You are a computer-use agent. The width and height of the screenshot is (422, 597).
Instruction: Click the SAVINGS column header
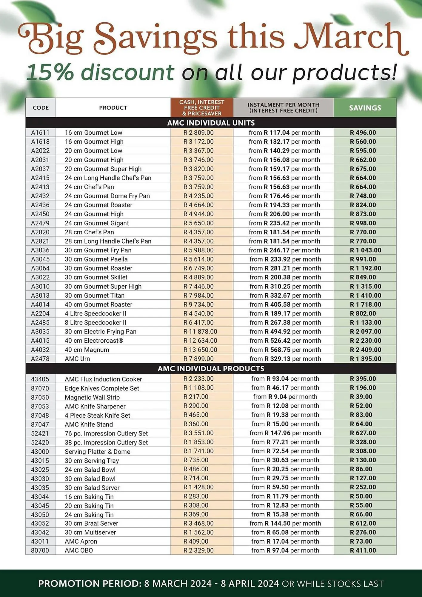click(x=365, y=108)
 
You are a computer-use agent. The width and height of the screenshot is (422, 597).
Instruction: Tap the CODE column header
click(x=41, y=108)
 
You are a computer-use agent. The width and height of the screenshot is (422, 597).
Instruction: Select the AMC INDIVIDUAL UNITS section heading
click(x=211, y=123)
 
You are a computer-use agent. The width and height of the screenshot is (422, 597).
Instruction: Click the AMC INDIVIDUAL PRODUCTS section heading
click(x=211, y=368)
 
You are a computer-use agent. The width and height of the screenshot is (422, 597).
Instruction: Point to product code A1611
click(x=40, y=133)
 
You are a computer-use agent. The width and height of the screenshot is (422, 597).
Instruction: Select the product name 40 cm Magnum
click(x=87, y=350)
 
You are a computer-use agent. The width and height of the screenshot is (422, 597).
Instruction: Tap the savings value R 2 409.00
click(x=365, y=350)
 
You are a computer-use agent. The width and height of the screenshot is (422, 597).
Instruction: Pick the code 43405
click(x=40, y=379)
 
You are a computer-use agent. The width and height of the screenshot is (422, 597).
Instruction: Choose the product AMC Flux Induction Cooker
click(x=103, y=379)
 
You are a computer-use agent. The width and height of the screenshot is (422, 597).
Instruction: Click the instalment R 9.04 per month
click(x=285, y=397)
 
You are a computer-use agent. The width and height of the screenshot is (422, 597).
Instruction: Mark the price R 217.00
click(x=196, y=397)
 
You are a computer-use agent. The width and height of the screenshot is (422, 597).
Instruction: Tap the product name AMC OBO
click(x=79, y=550)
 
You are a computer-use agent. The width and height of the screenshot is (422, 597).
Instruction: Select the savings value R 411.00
click(x=363, y=550)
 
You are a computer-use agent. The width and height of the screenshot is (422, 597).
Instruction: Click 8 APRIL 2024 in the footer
click(x=249, y=584)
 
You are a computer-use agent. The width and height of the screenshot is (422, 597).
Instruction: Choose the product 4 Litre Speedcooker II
click(x=96, y=313)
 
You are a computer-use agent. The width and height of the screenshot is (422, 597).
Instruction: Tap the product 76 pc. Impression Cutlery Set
click(x=106, y=433)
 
